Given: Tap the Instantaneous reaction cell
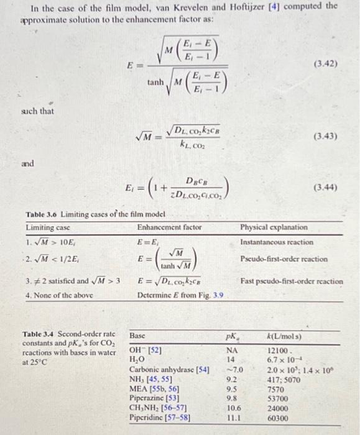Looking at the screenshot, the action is click(276, 241).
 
